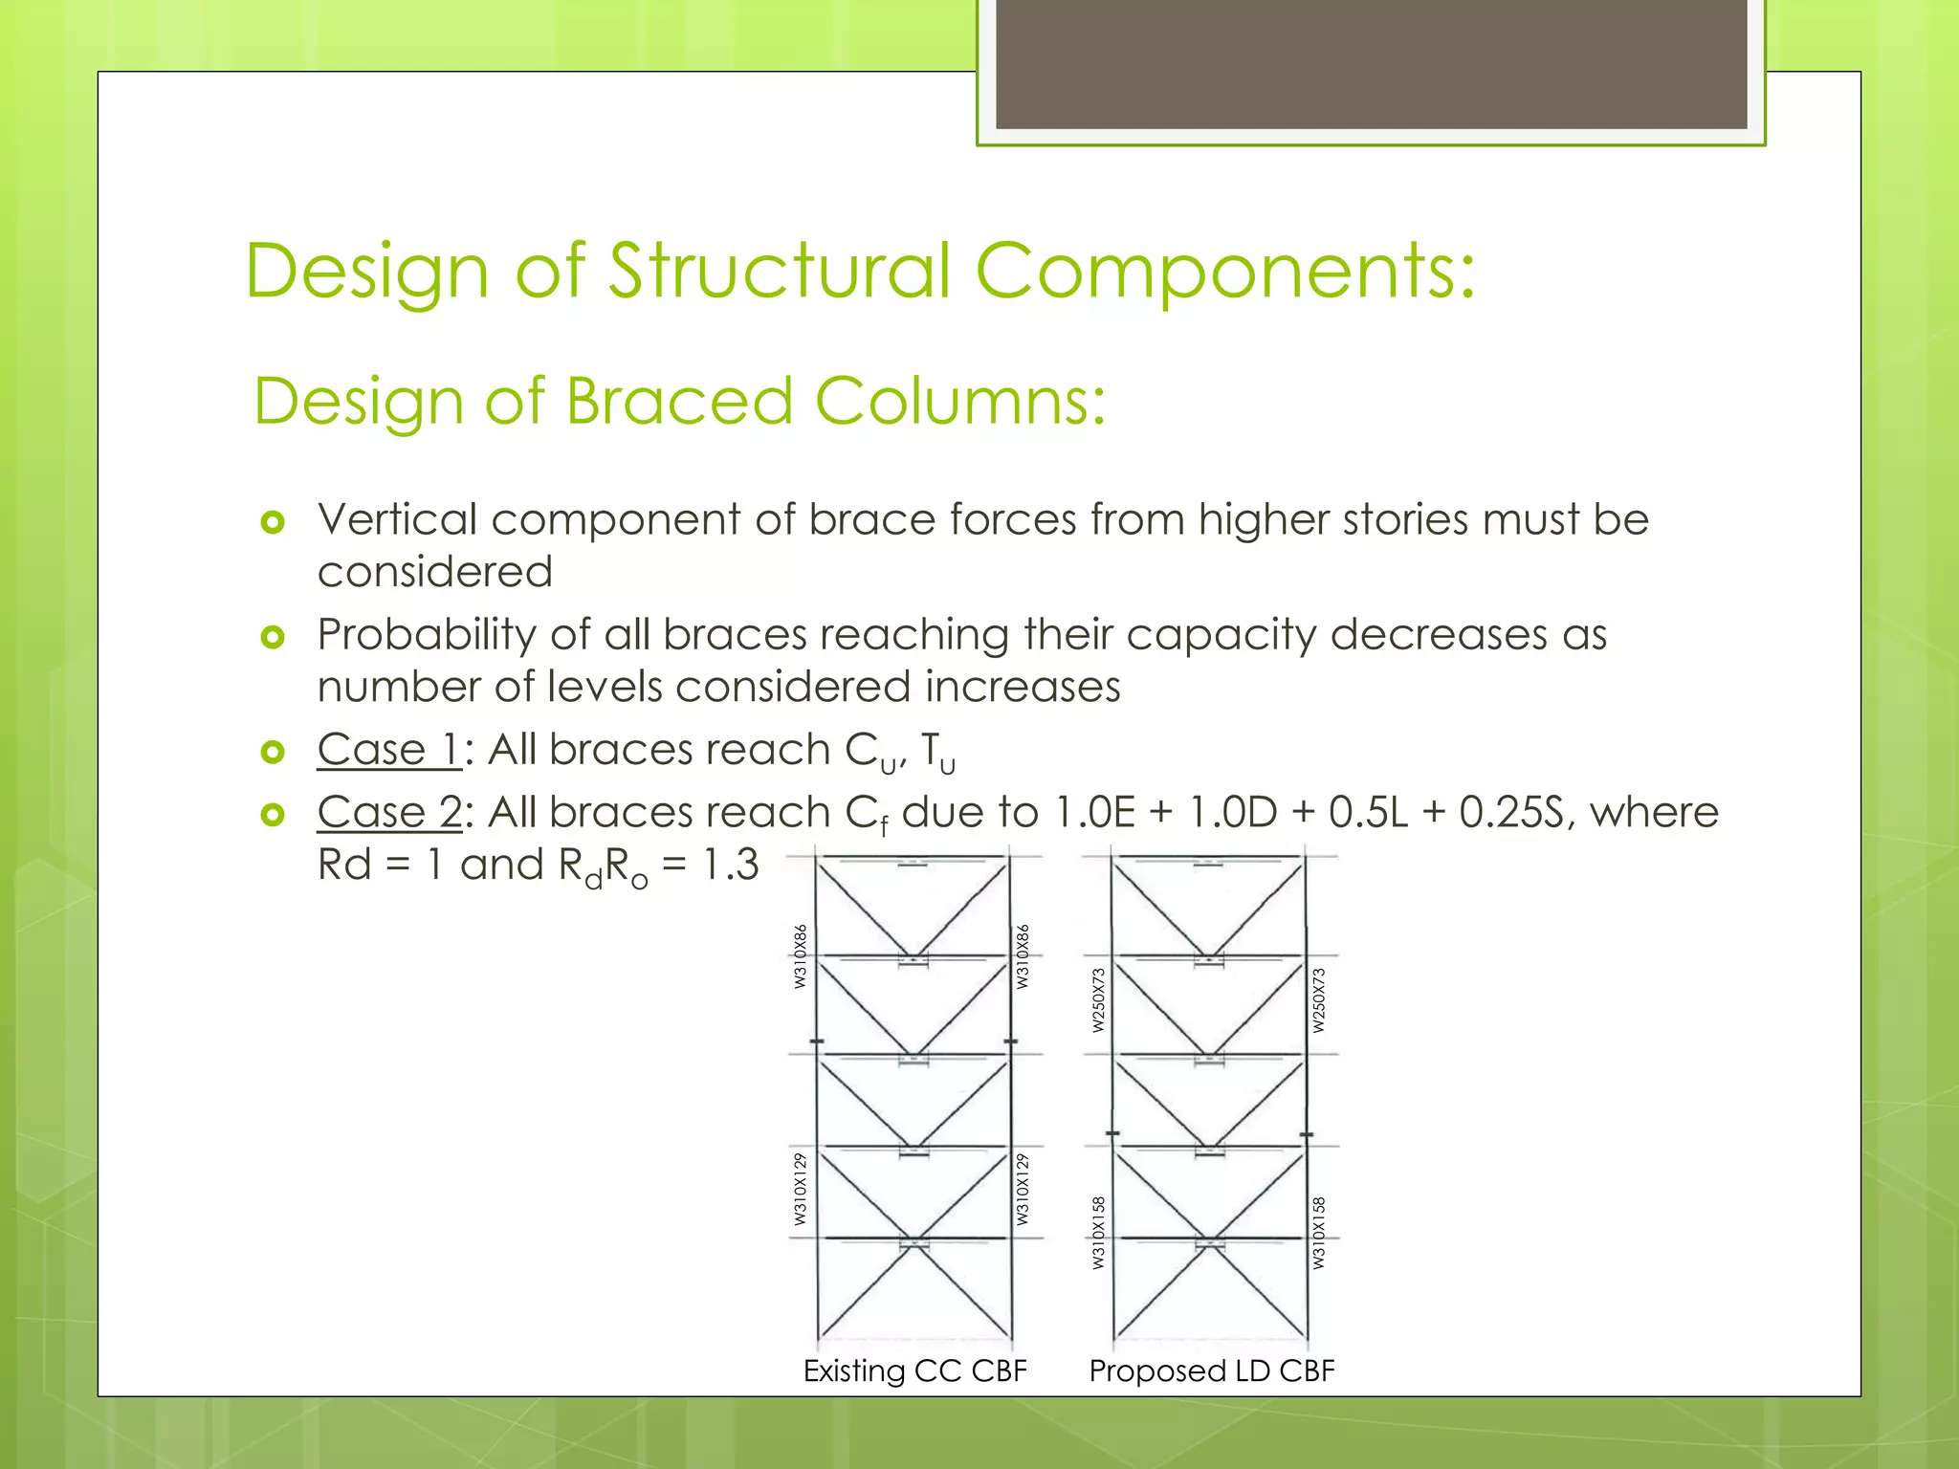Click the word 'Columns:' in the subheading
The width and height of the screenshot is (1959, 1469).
(x=959, y=401)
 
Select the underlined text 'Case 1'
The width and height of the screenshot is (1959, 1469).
(x=389, y=750)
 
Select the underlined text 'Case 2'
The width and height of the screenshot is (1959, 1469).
(x=389, y=813)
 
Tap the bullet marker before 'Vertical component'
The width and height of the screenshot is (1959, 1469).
(x=274, y=522)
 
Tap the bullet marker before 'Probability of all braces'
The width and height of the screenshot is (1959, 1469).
(x=274, y=637)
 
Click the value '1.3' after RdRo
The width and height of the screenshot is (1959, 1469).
(x=730, y=866)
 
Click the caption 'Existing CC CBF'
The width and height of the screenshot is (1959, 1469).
(x=914, y=1370)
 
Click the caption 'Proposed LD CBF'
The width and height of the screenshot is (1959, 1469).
(x=1211, y=1370)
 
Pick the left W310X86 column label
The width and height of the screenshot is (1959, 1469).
(x=801, y=955)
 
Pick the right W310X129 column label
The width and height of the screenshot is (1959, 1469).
(x=1023, y=1189)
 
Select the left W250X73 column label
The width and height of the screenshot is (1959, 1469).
(x=1098, y=999)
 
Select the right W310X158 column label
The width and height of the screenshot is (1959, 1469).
(x=1319, y=1233)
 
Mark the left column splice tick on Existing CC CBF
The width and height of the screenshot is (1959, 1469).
(x=817, y=1041)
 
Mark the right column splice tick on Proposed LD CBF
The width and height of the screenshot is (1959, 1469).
(x=1307, y=1134)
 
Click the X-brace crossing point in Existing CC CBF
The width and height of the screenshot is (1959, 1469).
(x=914, y=1241)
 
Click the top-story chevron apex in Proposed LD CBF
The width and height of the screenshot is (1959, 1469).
(x=1209, y=956)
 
